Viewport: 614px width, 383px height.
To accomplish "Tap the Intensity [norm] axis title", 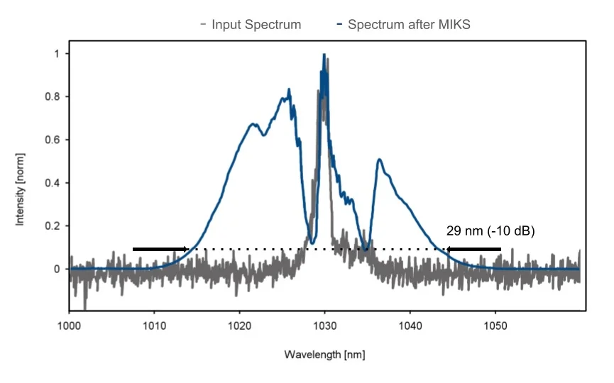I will (21, 188).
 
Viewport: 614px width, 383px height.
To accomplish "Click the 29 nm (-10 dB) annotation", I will (490, 231).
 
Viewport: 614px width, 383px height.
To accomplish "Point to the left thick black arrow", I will (160, 249).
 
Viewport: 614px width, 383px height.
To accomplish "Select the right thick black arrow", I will (474, 249).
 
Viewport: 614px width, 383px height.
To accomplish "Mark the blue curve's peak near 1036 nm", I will (380, 160).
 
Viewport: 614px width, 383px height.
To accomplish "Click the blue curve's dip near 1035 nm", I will (366, 248).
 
